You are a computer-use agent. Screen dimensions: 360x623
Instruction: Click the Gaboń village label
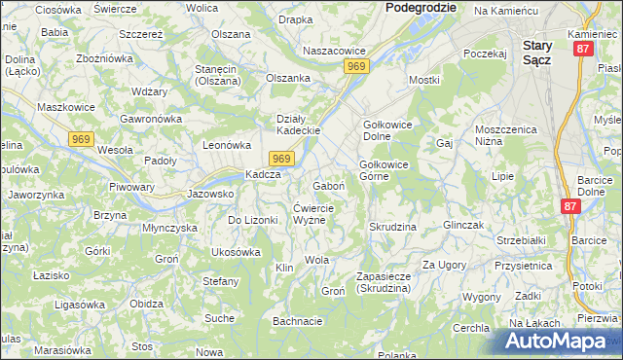pyautogui.click(x=329, y=185)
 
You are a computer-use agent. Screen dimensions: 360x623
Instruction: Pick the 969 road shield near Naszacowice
pyautogui.click(x=356, y=66)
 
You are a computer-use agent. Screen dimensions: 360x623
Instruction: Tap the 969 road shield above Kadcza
pyautogui.click(x=280, y=159)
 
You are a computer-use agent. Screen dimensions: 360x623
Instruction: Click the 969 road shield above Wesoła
pyautogui.click(x=81, y=139)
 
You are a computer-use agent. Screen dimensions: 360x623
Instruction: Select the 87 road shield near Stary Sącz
pyautogui.click(x=582, y=49)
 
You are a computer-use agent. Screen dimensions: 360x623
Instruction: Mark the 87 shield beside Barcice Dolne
pyautogui.click(x=571, y=206)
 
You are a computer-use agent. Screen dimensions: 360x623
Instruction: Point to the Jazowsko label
pyautogui.click(x=210, y=194)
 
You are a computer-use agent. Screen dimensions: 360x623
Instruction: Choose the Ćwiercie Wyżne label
pyautogui.click(x=314, y=214)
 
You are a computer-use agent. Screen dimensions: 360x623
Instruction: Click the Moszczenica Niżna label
pyautogui.click(x=507, y=136)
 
